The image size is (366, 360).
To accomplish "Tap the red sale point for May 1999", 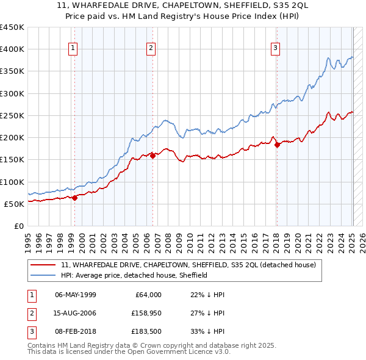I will pos(74,198).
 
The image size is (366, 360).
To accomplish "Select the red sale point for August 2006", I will pos(152,156).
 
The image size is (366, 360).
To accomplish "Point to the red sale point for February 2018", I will pos(277,145).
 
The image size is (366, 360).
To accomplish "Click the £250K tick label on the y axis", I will pos(12,115).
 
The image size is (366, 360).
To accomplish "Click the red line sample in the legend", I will pos(43,265).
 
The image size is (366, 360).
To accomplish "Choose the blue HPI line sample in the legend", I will pos(43,275).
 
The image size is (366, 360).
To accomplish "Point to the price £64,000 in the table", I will pos(148,295).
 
